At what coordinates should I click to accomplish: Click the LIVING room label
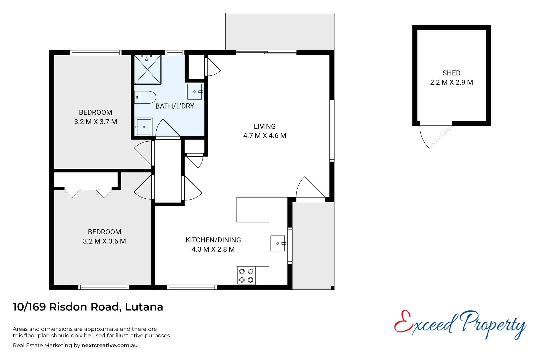[265, 126]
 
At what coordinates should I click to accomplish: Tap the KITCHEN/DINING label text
[213, 240]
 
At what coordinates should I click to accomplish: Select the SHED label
[451, 73]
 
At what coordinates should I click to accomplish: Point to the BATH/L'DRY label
[175, 106]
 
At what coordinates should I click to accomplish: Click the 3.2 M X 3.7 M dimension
[96, 122]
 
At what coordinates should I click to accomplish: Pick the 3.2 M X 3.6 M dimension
[104, 241]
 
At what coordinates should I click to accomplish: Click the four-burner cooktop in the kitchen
[246, 276]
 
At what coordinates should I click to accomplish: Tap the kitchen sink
[277, 243]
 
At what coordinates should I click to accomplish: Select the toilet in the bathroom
[146, 97]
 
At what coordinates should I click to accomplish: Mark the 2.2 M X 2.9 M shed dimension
[451, 82]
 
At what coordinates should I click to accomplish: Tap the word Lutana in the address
[144, 307]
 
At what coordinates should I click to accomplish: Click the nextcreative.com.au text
[109, 345]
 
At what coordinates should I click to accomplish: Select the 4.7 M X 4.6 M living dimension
[265, 136]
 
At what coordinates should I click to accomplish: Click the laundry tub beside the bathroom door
[144, 127]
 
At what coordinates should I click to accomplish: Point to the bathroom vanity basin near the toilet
[195, 92]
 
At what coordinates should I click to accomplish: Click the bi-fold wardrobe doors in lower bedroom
[88, 193]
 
